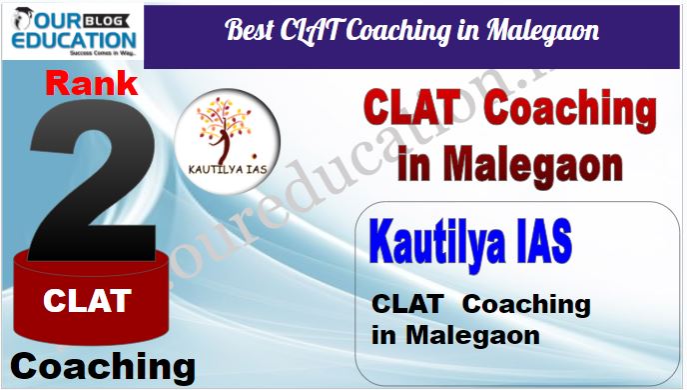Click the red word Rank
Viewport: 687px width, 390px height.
[92, 83]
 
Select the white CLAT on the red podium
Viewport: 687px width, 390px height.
[87, 301]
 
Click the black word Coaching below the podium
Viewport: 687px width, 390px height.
[103, 368]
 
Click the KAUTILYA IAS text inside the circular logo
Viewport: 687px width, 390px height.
[228, 169]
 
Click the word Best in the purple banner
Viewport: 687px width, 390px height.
[250, 30]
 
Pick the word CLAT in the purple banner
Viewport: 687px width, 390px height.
[311, 31]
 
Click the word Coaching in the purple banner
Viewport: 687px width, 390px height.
[398, 32]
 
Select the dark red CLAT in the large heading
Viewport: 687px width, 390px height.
[412, 107]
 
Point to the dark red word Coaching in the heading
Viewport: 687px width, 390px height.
[569, 110]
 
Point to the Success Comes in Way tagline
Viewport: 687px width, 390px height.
[104, 53]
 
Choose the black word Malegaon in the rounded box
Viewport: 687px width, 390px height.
[472, 336]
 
